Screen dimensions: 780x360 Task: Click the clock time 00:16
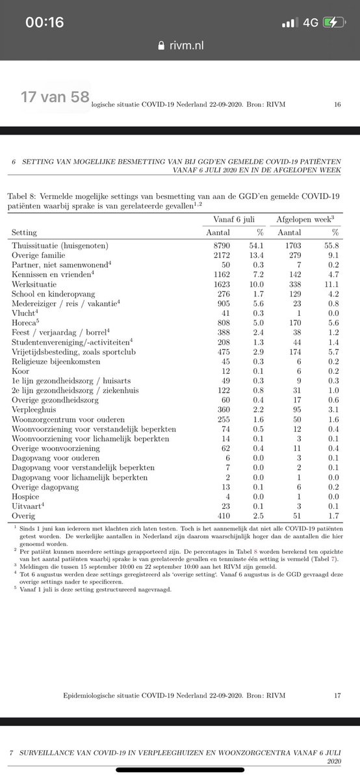44,23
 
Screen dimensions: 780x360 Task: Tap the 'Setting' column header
24,232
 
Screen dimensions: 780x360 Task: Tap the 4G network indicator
310,23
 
